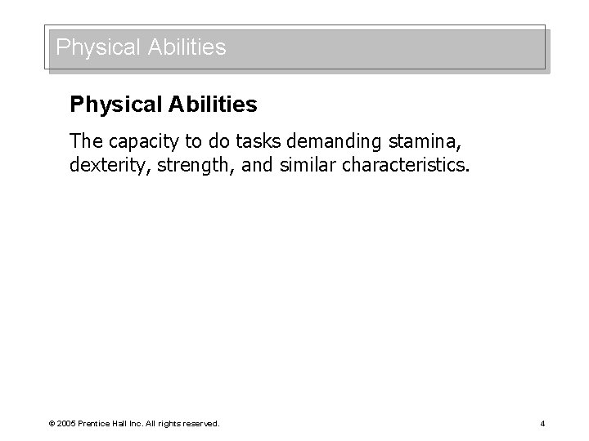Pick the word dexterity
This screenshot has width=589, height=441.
(x=106, y=167)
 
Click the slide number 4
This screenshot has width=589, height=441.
(x=542, y=423)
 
